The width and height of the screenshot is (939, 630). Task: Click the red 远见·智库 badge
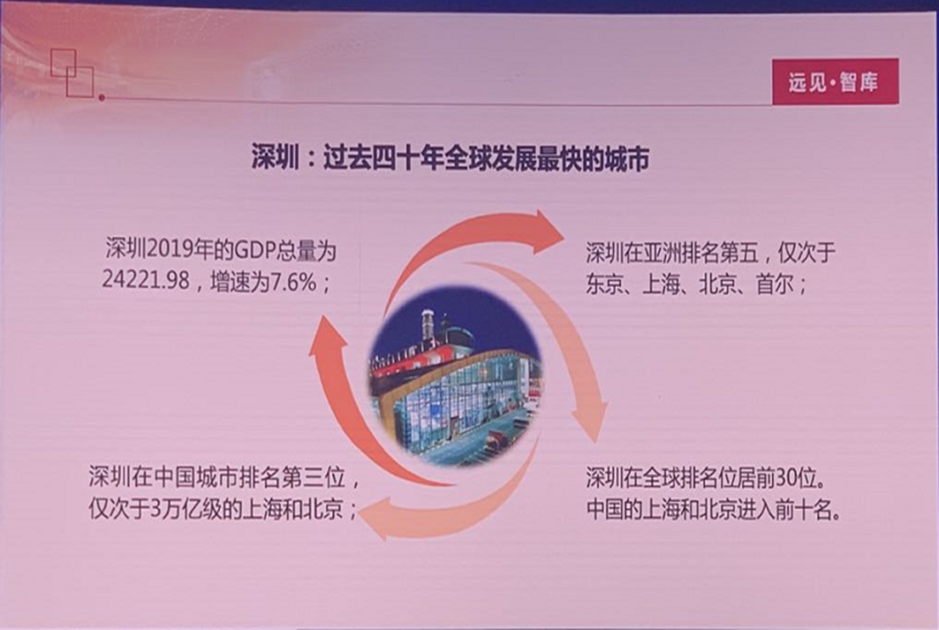click(836, 82)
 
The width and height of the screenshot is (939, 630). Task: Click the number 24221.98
click(145, 280)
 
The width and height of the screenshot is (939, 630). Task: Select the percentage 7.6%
click(294, 281)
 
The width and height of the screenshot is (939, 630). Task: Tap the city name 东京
click(606, 285)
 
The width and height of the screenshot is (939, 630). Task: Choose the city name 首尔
click(776, 285)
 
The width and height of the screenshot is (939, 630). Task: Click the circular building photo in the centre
click(455, 377)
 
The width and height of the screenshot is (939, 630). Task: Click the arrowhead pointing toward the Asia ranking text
click(548, 232)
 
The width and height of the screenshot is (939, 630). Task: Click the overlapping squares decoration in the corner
click(72, 73)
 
